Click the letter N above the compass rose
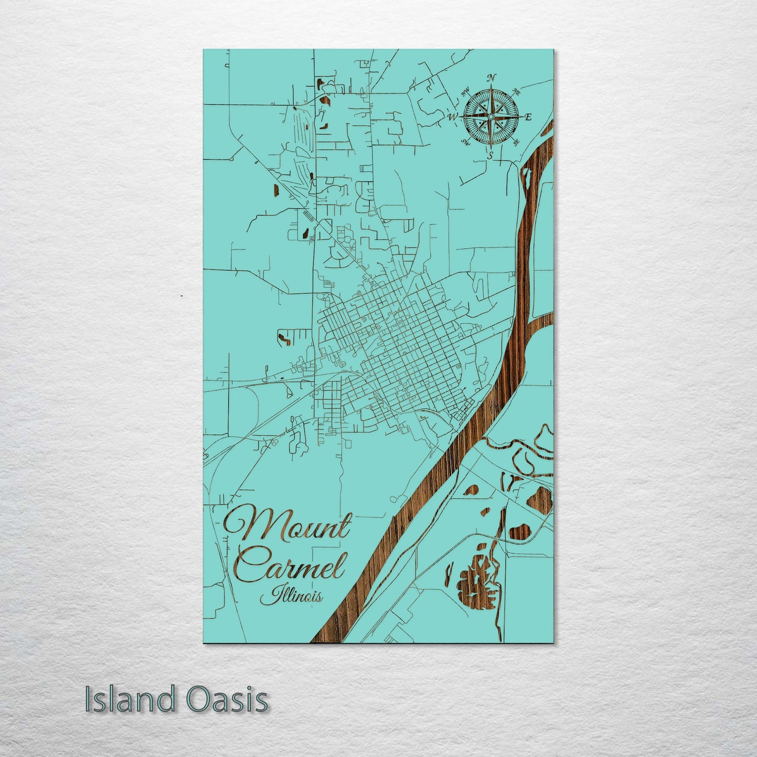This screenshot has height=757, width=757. point(491,78)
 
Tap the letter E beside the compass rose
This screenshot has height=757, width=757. point(528,117)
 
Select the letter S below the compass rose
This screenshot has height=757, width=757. point(490,155)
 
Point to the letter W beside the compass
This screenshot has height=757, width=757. point(452,117)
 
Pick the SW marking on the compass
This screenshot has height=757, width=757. point(465,141)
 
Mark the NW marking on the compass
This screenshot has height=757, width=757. point(465,94)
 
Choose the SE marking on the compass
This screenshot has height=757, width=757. point(516,141)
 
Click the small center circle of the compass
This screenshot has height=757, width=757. point(490,116)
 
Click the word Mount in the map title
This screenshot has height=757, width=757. point(288,524)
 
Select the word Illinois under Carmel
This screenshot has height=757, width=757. point(291,595)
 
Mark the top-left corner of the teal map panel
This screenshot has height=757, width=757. point(204,50)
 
